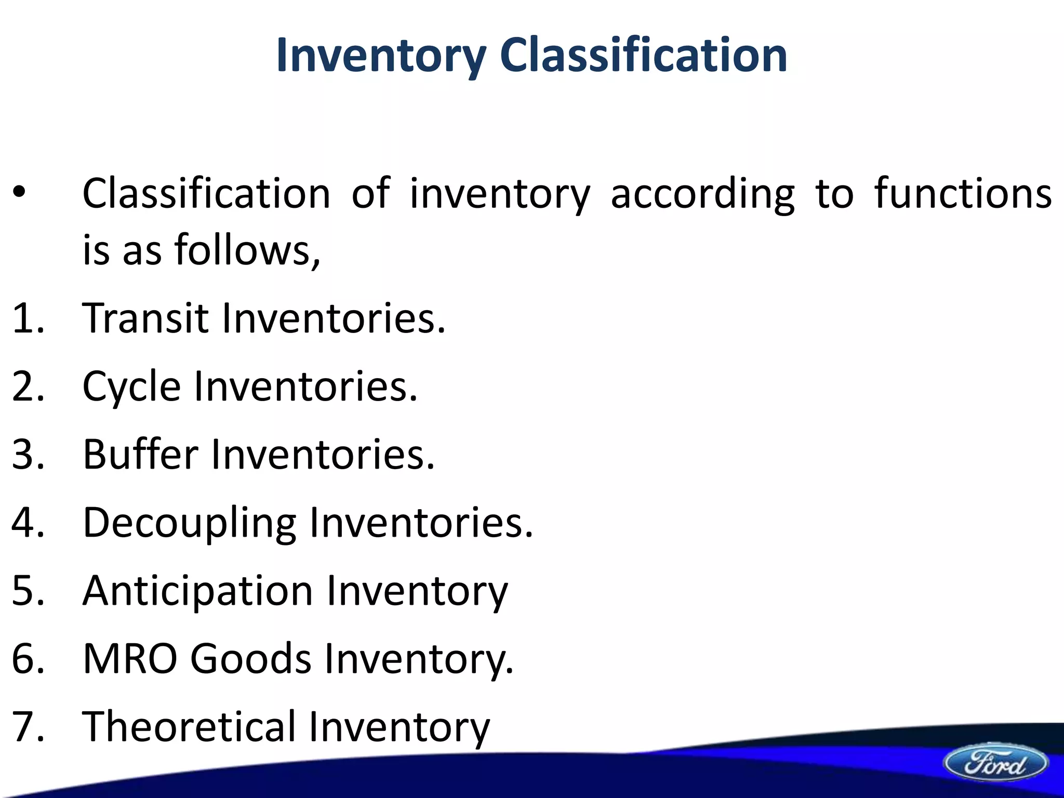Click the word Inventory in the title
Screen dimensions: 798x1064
[x=381, y=56]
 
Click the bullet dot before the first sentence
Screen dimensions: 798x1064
[x=19, y=193]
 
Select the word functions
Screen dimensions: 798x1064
[x=963, y=193]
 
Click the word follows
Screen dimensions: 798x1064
[x=247, y=249]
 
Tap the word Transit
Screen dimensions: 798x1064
[x=145, y=317]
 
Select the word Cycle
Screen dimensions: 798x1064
[x=131, y=388]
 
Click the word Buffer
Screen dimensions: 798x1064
[x=140, y=454]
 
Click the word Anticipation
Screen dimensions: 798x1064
[x=197, y=591]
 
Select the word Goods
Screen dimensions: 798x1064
[x=251, y=658]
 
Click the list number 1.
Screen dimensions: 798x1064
[x=23, y=317]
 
